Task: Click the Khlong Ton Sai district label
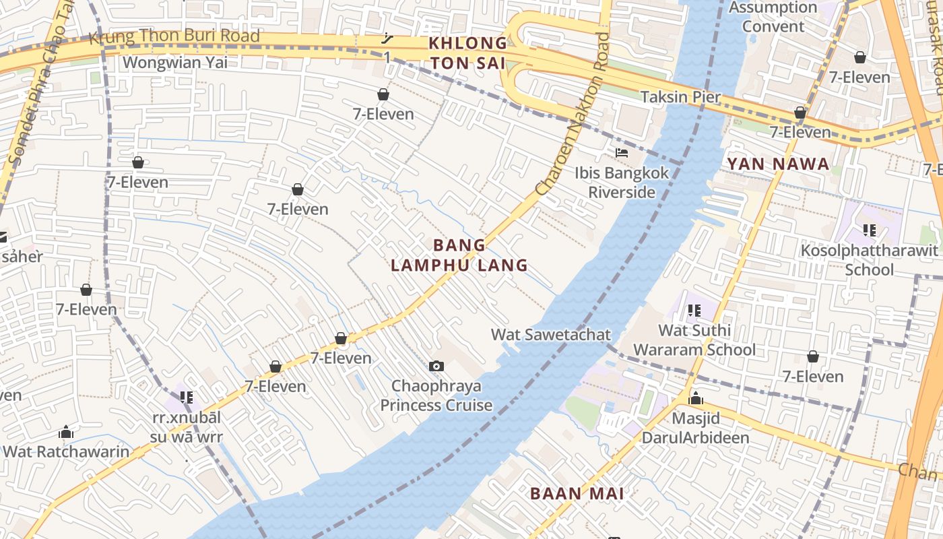[x=468, y=53]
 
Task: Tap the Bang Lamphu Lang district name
[x=459, y=255]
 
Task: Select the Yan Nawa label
[x=778, y=164]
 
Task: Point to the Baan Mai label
[x=577, y=493]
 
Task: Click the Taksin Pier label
[x=680, y=97]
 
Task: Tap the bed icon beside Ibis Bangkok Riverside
[x=622, y=154]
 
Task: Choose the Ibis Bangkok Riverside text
[x=622, y=183]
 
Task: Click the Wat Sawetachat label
[x=550, y=334]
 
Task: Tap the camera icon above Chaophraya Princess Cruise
[x=436, y=366]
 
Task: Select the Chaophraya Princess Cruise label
[x=436, y=395]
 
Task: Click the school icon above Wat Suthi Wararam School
[x=694, y=311]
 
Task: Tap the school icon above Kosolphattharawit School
[x=869, y=230]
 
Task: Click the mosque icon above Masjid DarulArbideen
[x=696, y=399]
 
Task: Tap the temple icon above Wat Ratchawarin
[x=66, y=432]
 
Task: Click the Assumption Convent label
[x=773, y=17]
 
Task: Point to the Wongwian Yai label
[x=175, y=63]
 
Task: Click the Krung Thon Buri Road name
[x=174, y=36]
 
